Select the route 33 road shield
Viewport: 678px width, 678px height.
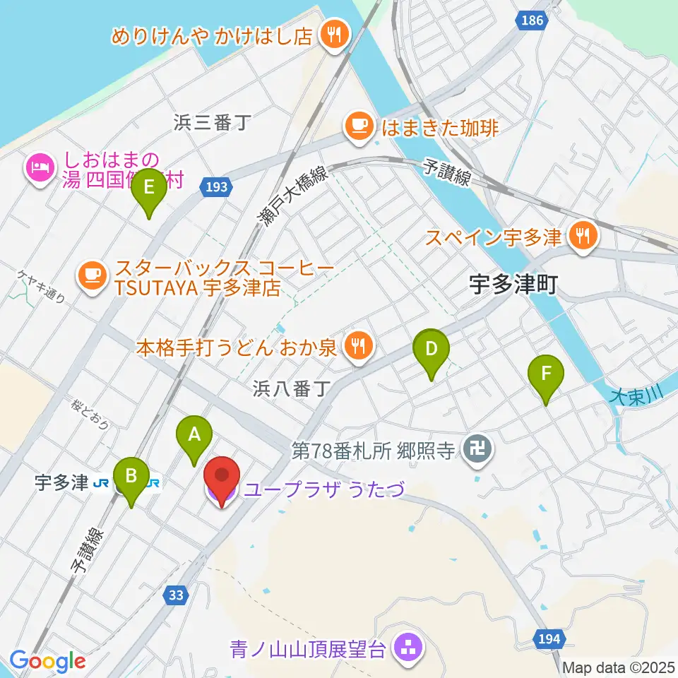tap(177, 595)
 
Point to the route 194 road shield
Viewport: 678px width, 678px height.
tap(549, 639)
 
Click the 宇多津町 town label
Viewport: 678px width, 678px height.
tap(513, 285)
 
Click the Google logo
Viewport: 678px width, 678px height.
tap(47, 661)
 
